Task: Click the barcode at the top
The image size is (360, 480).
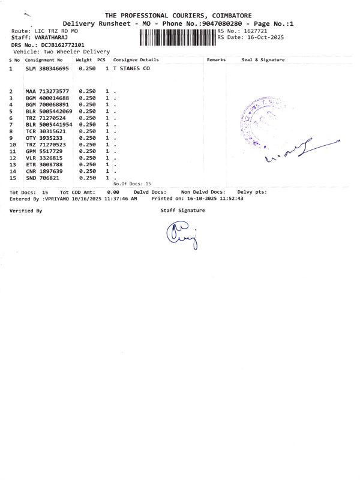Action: pyautogui.click(x=177, y=38)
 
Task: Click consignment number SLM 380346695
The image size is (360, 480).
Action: pyautogui.click(x=47, y=70)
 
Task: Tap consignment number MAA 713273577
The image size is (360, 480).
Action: pyautogui.click(x=47, y=91)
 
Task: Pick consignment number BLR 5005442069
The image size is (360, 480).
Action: pyautogui.click(x=49, y=111)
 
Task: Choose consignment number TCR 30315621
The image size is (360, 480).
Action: pyautogui.click(x=46, y=131)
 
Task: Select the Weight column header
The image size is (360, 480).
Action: pyautogui.click(x=84, y=61)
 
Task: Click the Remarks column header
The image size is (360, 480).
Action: pyautogui.click(x=216, y=61)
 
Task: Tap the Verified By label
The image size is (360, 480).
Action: pyautogui.click(x=26, y=211)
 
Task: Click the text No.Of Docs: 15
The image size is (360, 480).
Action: pyautogui.click(x=132, y=183)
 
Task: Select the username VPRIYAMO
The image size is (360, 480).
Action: pyautogui.click(x=56, y=197)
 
